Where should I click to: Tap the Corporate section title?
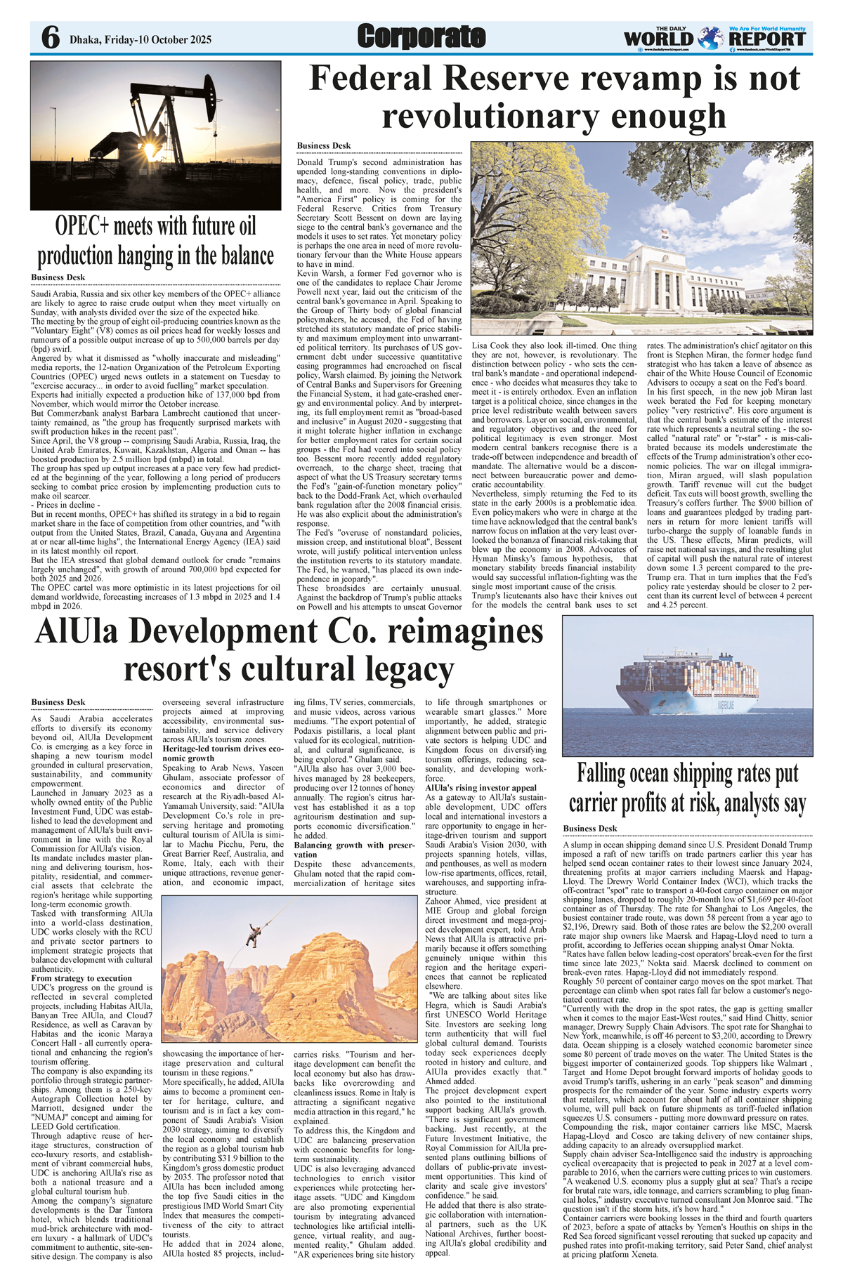(421, 37)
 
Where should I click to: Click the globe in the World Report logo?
(711, 37)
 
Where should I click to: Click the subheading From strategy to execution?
(81, 978)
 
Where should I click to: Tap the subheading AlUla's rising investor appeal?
(481, 788)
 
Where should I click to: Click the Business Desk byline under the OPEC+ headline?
(58, 277)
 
